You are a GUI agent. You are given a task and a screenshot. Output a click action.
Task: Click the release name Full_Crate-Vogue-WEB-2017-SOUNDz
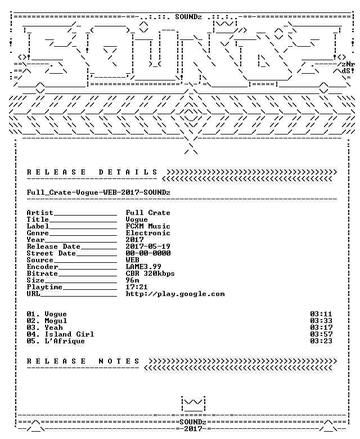click(98, 192)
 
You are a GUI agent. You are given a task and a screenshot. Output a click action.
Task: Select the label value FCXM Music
click(148, 226)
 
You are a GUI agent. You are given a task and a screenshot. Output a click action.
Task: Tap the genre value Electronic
click(148, 232)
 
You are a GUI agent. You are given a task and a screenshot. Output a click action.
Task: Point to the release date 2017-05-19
click(148, 246)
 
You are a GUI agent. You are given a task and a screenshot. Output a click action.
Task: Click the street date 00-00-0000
click(148, 253)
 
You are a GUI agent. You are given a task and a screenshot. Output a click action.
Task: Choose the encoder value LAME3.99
click(143, 267)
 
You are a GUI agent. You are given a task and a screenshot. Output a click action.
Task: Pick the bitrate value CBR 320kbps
click(150, 274)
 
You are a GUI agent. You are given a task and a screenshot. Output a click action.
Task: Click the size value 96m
click(132, 280)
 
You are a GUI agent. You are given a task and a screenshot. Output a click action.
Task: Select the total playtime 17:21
click(137, 286)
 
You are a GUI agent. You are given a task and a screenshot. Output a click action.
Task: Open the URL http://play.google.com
click(175, 294)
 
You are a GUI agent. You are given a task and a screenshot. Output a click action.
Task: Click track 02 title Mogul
click(56, 321)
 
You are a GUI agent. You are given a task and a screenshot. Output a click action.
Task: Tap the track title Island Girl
click(69, 334)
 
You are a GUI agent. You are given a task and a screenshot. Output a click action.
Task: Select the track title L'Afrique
click(65, 341)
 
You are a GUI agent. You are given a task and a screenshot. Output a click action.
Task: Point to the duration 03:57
click(321, 334)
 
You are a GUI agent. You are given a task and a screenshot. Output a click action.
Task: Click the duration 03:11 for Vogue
click(321, 314)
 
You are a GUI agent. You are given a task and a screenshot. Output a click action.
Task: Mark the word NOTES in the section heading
click(119, 361)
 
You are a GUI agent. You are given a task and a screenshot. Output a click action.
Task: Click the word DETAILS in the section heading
click(128, 172)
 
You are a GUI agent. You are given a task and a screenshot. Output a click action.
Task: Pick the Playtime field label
click(44, 287)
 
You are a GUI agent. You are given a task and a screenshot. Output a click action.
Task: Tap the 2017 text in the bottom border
click(193, 429)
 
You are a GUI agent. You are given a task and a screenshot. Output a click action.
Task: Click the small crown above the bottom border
click(193, 404)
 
